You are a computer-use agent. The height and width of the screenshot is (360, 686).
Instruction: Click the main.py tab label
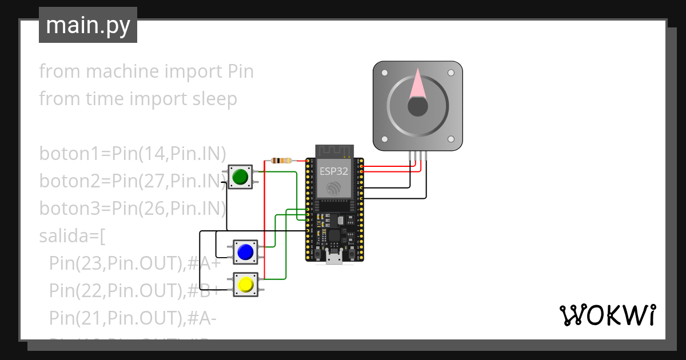pyautogui.click(x=87, y=25)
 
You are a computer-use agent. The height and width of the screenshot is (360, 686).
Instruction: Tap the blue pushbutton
pyautogui.click(x=245, y=252)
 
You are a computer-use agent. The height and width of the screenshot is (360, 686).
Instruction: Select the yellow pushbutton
pyautogui.click(x=246, y=284)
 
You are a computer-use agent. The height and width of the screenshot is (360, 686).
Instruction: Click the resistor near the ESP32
pyautogui.click(x=281, y=161)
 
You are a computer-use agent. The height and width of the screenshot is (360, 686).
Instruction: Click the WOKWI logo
pyautogui.click(x=607, y=315)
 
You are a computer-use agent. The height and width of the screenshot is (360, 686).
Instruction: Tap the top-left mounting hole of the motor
pyautogui.click(x=384, y=73)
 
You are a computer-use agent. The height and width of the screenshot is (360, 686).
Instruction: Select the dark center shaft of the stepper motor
pyautogui.click(x=417, y=106)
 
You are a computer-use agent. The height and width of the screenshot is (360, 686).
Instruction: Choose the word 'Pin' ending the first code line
pyautogui.click(x=240, y=72)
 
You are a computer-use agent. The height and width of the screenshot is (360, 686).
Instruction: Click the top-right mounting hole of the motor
pyautogui.click(x=451, y=73)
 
